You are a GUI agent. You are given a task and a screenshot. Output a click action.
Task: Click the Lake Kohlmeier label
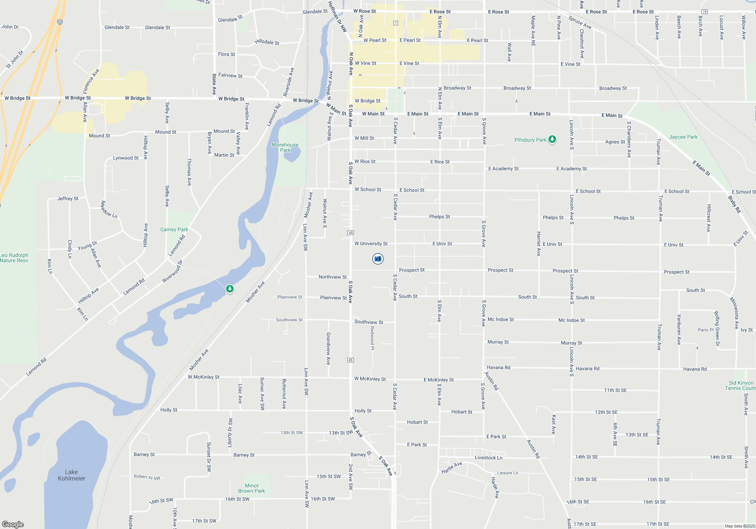click(71, 475)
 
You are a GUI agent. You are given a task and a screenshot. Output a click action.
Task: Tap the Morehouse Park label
click(285, 147)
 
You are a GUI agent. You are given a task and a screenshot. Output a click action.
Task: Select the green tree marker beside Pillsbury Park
click(552, 139)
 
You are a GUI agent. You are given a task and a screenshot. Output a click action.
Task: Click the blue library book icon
click(378, 259)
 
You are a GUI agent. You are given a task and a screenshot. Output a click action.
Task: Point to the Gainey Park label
click(174, 229)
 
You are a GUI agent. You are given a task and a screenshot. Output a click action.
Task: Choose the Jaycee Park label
click(683, 137)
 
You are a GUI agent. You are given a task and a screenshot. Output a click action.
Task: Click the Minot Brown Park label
click(251, 488)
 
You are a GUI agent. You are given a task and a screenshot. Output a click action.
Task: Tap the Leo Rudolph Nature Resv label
click(14, 258)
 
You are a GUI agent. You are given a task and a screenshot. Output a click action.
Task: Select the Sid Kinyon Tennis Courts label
click(740, 385)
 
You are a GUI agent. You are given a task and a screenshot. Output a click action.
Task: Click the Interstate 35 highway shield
click(60, 22)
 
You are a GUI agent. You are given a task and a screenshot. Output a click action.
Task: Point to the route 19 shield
click(704, 12)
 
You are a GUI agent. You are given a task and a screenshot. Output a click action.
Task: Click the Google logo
click(12, 524)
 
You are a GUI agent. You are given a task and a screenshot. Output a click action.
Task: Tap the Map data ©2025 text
click(739, 526)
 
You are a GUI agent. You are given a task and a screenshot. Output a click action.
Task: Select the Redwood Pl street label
click(372, 338)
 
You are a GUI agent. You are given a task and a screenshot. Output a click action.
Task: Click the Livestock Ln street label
click(488, 458)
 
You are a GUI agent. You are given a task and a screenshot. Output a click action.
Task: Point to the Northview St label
click(332, 277)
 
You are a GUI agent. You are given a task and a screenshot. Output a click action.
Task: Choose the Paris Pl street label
click(705, 330)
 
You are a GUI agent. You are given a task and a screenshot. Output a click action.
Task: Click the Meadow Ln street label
click(109, 209)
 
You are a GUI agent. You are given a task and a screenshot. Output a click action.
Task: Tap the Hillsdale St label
click(267, 42)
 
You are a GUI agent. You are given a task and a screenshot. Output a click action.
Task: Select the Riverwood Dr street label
click(172, 271)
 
